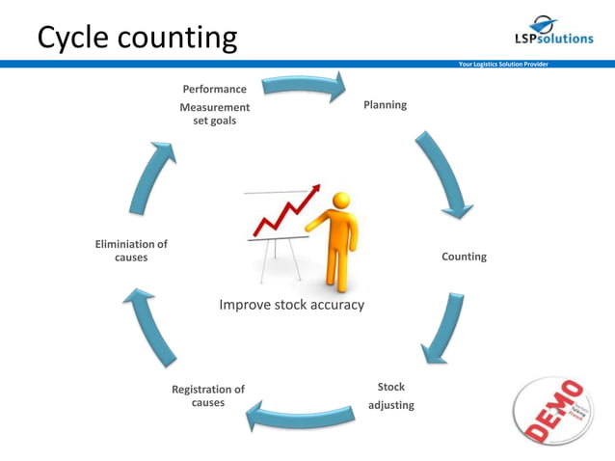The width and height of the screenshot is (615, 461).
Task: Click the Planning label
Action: pos(385,104)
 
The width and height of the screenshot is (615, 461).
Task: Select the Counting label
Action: pos(464,257)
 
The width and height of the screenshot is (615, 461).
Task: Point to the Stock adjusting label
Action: pos(390,395)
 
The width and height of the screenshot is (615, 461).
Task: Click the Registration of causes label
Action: pos(208,395)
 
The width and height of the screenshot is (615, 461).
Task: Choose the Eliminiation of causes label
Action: pos(131,251)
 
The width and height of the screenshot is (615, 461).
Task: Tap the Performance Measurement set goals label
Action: pos(214,105)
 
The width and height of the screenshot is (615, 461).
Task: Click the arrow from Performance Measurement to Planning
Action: pos(305,86)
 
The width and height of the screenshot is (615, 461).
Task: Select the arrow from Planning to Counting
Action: pos(445,174)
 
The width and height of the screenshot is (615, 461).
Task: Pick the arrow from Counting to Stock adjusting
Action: pos(441,328)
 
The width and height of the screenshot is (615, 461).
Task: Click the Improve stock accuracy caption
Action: pos(291,305)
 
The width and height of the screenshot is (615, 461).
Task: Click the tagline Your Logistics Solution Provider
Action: pos(503,65)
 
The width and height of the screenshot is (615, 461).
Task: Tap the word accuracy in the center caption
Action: pos(337,305)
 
